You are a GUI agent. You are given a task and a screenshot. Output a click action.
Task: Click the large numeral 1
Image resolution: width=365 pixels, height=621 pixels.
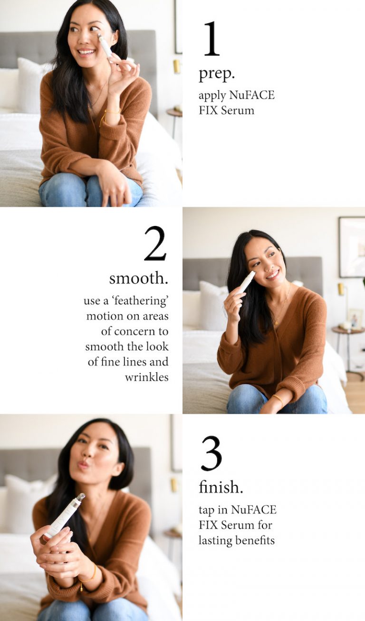pyautogui.click(x=211, y=39)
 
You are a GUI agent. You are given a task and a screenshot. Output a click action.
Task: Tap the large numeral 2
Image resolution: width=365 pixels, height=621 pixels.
pyautogui.click(x=155, y=244)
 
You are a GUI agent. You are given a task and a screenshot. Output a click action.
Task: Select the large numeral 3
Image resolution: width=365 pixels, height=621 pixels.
pyautogui.click(x=211, y=453)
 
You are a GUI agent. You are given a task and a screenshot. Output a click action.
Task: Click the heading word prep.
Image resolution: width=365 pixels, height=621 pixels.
pyautogui.click(x=217, y=74)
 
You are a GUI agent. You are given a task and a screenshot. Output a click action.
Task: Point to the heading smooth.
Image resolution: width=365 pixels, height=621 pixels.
pyautogui.click(x=138, y=278)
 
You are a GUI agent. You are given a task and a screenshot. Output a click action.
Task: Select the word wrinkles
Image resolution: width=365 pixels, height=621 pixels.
pyautogui.click(x=146, y=377)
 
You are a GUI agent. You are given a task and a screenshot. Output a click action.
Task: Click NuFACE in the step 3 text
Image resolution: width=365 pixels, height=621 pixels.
pyautogui.click(x=253, y=510)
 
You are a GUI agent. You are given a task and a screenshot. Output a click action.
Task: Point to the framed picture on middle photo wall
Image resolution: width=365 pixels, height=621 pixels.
pyautogui.click(x=352, y=247)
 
